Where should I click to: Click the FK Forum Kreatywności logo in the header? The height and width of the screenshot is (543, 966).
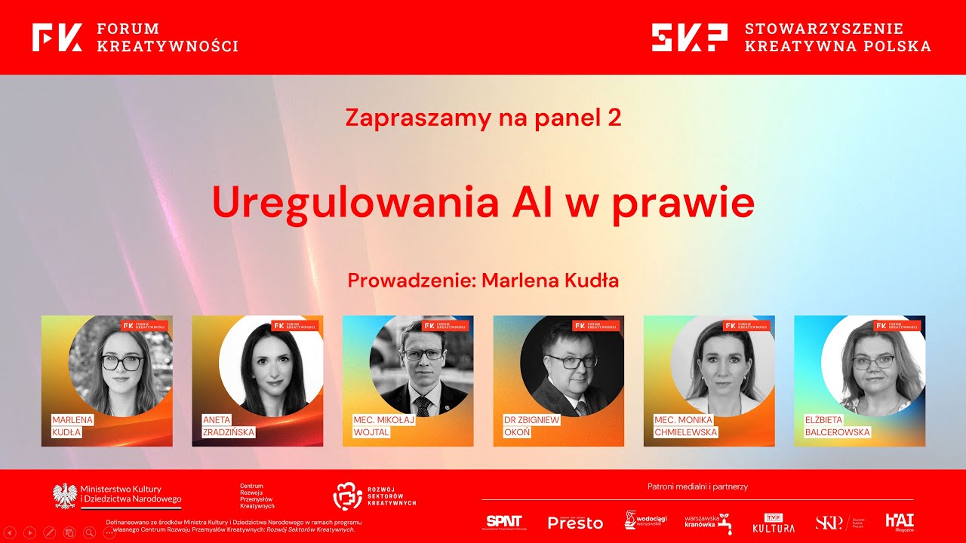(57, 37)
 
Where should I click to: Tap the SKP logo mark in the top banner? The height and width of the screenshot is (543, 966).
(689, 37)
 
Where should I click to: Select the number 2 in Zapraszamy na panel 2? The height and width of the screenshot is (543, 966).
(614, 118)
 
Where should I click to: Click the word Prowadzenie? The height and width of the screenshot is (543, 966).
(411, 281)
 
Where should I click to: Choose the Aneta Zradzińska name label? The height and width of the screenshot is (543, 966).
(228, 426)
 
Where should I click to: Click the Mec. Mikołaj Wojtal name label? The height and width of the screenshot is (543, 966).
(383, 426)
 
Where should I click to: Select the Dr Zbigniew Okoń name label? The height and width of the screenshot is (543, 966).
(531, 426)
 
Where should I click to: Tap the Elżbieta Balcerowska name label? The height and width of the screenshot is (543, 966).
(837, 426)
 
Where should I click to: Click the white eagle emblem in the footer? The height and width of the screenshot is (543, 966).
(65, 495)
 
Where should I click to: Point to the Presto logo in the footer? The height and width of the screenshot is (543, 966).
(575, 523)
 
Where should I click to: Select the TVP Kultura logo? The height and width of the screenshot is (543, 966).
(774, 523)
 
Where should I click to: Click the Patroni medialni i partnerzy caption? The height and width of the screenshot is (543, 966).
(697, 486)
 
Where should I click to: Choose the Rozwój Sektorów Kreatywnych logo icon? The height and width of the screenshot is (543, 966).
(348, 495)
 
